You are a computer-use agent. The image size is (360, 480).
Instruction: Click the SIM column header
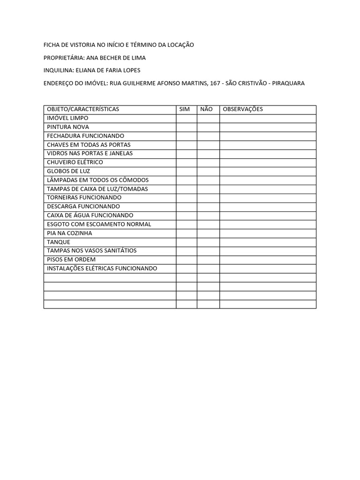pyautogui.click(x=185, y=109)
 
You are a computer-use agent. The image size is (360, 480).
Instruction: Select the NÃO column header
pyautogui.click(x=206, y=109)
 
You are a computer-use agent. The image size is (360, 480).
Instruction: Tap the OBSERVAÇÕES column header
pyautogui.click(x=243, y=109)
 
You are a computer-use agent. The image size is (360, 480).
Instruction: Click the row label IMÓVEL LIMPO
pyautogui.click(x=67, y=118)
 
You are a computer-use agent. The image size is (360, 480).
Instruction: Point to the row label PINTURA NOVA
pyautogui.click(x=68, y=127)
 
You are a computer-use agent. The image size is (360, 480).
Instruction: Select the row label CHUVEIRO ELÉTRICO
pyautogui.click(x=75, y=162)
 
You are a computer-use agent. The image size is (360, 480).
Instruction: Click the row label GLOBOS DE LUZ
pyautogui.click(x=68, y=171)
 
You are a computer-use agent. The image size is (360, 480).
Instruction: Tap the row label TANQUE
pyautogui.click(x=59, y=242)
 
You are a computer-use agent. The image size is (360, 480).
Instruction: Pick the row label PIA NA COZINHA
pyautogui.click(x=69, y=233)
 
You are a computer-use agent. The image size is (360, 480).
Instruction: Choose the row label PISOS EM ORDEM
pyautogui.click(x=71, y=260)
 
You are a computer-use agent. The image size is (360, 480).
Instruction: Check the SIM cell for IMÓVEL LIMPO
pyautogui.click(x=187, y=118)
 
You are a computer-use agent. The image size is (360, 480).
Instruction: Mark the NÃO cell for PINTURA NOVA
pyautogui.click(x=208, y=127)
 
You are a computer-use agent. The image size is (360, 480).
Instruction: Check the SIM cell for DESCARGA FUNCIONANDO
pyautogui.click(x=187, y=206)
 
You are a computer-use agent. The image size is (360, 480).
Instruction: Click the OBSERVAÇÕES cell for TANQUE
pyautogui.click(x=268, y=242)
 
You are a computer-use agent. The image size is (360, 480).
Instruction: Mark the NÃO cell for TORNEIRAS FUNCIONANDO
pyautogui.click(x=208, y=197)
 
